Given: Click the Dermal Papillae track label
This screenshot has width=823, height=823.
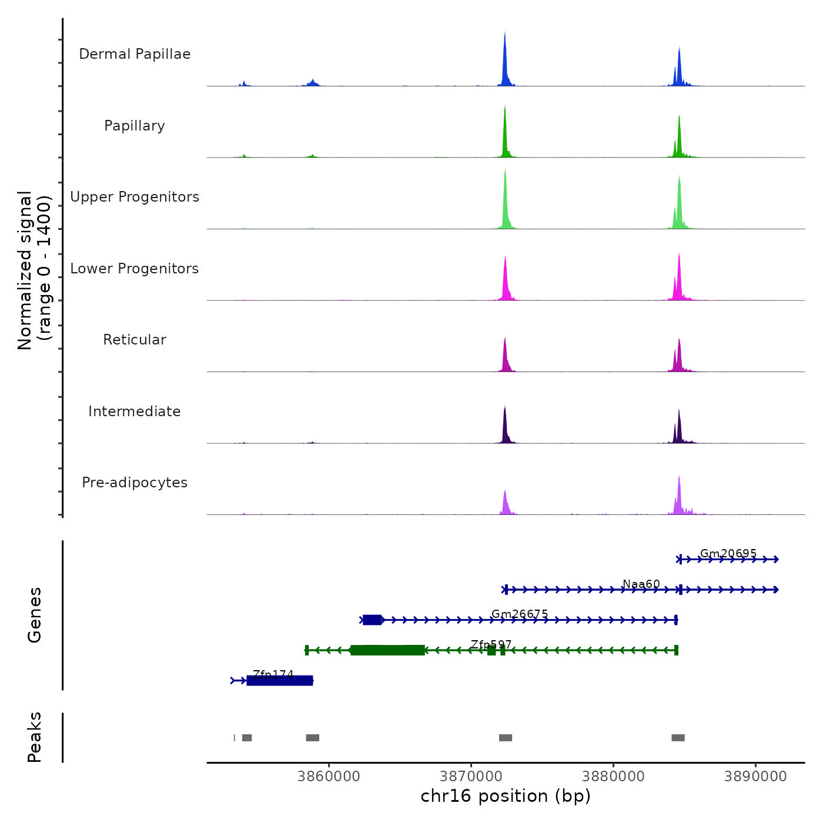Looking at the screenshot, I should pos(135,54).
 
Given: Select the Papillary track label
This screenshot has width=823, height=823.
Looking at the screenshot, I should pos(135,126).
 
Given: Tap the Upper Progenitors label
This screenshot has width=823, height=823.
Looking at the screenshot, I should pos(135,197).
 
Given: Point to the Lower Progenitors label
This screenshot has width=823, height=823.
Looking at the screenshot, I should pos(135,269).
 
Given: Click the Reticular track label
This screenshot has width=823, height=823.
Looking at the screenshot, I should pos(135,340).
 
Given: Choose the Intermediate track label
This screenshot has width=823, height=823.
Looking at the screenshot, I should pos(135,411).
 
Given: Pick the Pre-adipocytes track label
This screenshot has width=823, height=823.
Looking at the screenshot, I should pos(135,483).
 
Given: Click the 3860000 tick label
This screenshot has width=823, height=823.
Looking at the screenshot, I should pos(329,777).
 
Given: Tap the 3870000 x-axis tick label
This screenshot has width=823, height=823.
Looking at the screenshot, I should pos(471,777).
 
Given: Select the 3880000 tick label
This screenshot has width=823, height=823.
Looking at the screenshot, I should pos(613,777).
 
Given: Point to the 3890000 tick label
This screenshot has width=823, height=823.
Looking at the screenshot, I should pos(755,777).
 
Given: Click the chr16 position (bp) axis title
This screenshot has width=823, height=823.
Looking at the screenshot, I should pos(506,796).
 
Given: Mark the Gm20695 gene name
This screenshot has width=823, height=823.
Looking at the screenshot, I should pos(728,553).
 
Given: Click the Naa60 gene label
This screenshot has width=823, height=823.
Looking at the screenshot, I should pos(641,584).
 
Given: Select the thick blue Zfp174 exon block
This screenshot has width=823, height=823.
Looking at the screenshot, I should pos(279,681).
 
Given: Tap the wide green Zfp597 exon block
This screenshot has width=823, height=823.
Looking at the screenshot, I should pos(387,650).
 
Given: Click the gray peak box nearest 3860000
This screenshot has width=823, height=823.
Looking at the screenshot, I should pos(312,738).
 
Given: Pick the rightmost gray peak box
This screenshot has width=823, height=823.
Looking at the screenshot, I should pos(678,738).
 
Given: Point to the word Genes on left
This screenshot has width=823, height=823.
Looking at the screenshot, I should pos(35,615).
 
